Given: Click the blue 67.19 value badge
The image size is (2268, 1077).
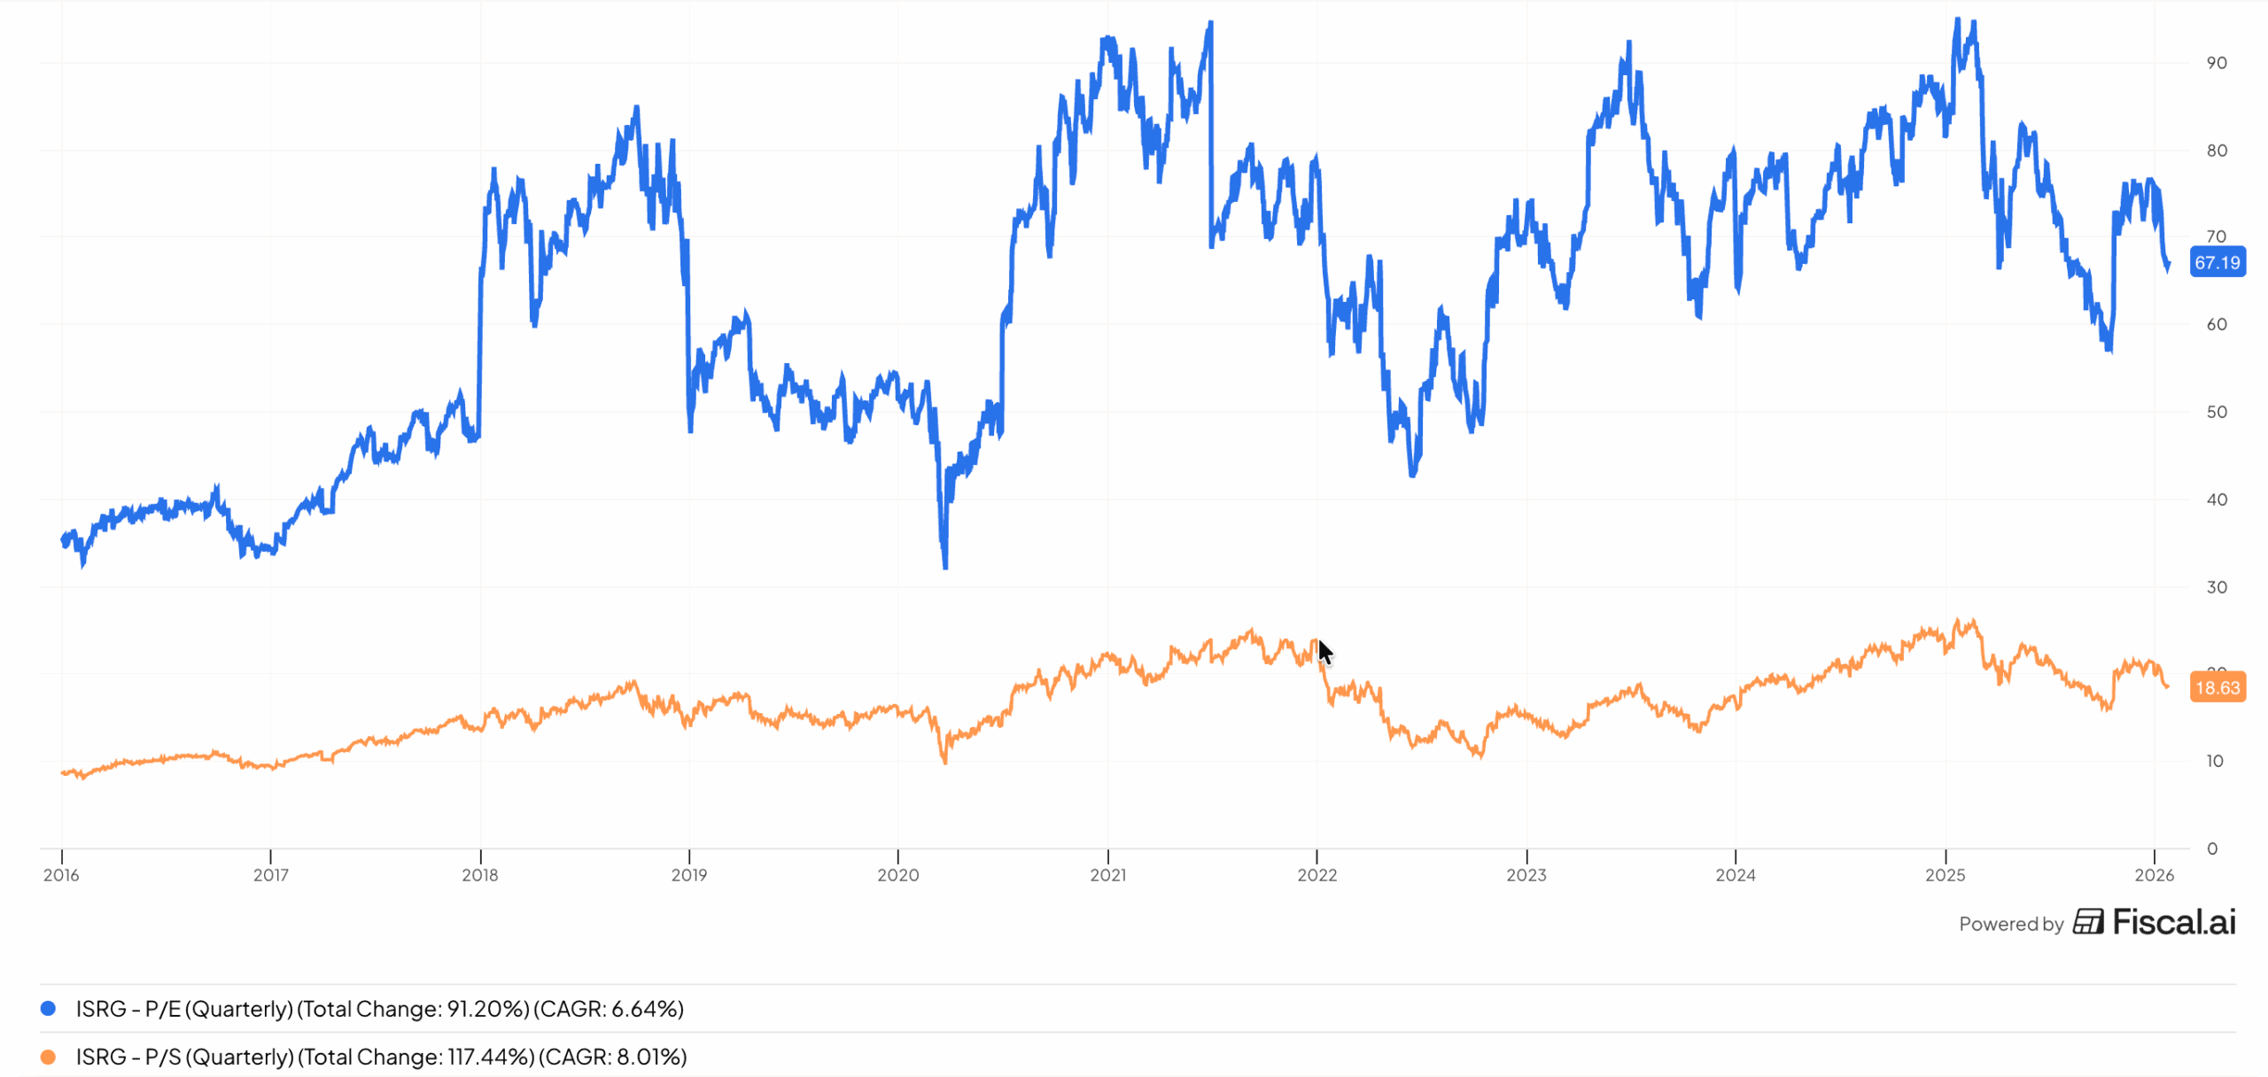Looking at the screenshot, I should pyautogui.click(x=2217, y=262).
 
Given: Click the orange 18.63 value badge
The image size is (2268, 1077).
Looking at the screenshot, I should pyautogui.click(x=2217, y=687).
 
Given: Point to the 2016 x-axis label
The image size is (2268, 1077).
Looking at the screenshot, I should pyautogui.click(x=61, y=875).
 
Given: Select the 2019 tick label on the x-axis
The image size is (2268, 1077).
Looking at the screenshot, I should pyautogui.click(x=689, y=875).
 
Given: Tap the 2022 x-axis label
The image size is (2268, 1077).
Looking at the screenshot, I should pyautogui.click(x=1317, y=875).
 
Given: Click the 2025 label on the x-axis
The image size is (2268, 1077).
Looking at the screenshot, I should pyautogui.click(x=1945, y=875).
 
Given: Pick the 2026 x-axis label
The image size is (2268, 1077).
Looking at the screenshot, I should pyautogui.click(x=2154, y=875).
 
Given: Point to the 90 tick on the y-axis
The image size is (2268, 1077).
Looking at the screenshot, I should pyautogui.click(x=2216, y=63).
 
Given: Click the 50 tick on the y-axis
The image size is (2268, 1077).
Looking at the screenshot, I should pyautogui.click(x=2216, y=412).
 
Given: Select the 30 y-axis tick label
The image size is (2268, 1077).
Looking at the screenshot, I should pyautogui.click(x=2216, y=587).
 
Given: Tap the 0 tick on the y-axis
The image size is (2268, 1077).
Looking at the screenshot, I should pyautogui.click(x=2212, y=848).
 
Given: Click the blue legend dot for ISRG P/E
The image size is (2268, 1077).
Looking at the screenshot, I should pyautogui.click(x=49, y=1008).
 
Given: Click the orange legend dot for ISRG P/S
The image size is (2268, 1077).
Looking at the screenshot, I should pyautogui.click(x=49, y=1057).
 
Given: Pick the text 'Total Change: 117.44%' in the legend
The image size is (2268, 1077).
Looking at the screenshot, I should pyautogui.click(x=416, y=1057).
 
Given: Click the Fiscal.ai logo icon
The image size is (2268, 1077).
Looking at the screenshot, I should pyautogui.click(x=2088, y=922).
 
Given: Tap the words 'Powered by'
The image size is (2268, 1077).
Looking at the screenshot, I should pyautogui.click(x=2011, y=924).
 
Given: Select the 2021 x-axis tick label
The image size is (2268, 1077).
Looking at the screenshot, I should pyautogui.click(x=1107, y=875).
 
